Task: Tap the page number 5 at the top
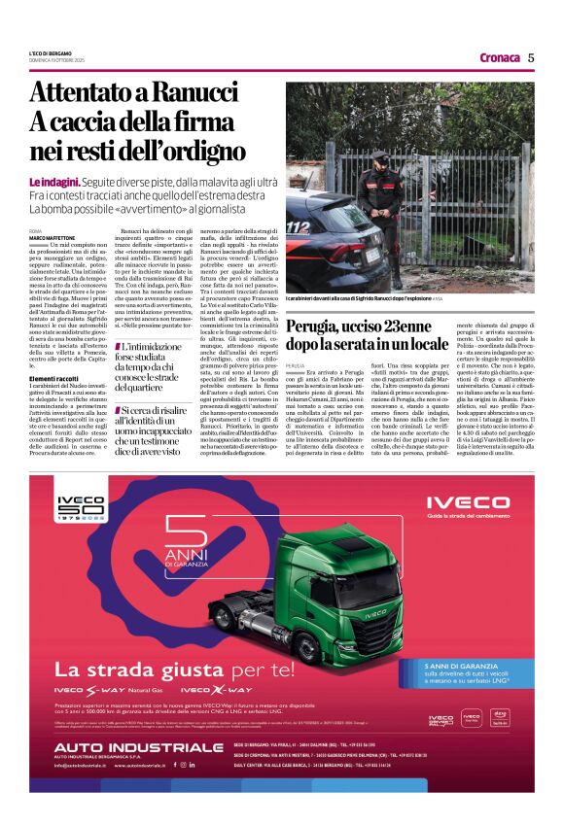(531, 56)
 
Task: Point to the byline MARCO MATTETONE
(51, 238)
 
